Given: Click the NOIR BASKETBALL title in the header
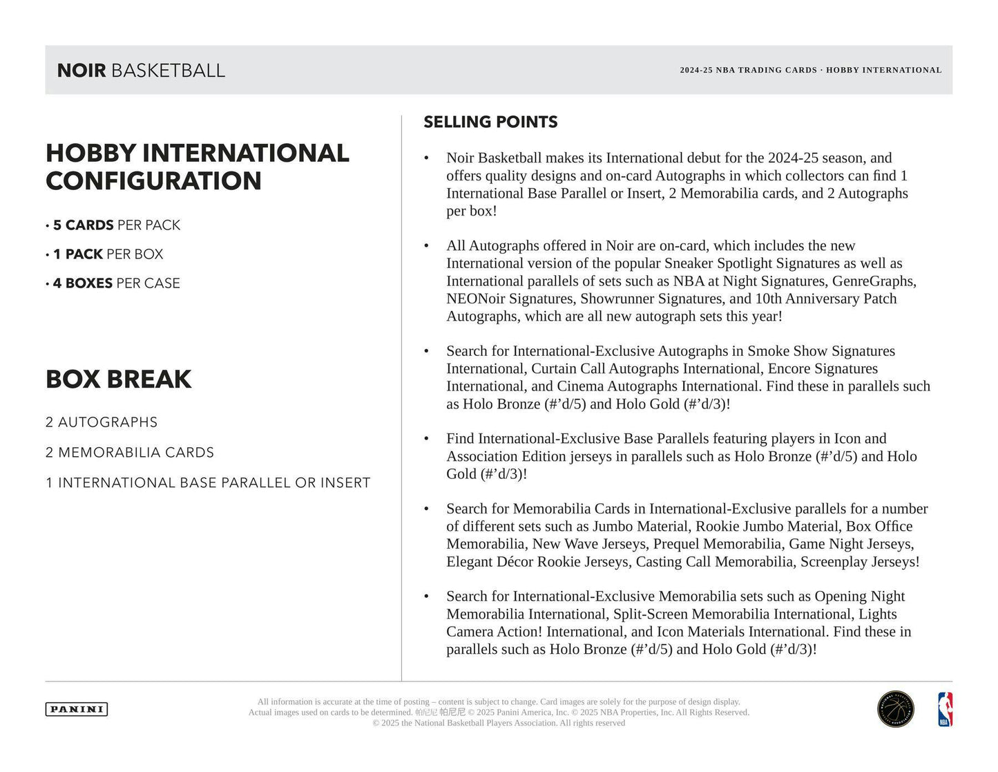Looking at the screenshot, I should (x=141, y=70).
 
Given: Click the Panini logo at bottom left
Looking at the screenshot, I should (x=77, y=709).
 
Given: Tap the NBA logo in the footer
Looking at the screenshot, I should (x=944, y=710).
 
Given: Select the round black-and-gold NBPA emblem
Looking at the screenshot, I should (x=895, y=710).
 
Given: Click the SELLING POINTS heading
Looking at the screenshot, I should (x=490, y=122).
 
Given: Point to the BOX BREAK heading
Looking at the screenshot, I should (x=119, y=379).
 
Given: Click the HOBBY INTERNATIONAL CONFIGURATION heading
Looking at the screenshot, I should (x=197, y=167).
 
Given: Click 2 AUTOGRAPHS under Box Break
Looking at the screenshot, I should (x=102, y=422).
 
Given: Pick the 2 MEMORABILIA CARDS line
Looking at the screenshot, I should (x=130, y=453).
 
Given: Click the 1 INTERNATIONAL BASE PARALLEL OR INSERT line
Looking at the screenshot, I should (x=208, y=483).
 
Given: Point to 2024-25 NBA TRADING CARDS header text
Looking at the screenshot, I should (x=748, y=70).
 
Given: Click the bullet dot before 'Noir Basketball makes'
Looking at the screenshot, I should (x=426, y=159).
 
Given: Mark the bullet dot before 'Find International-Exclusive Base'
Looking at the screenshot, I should (x=426, y=440).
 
